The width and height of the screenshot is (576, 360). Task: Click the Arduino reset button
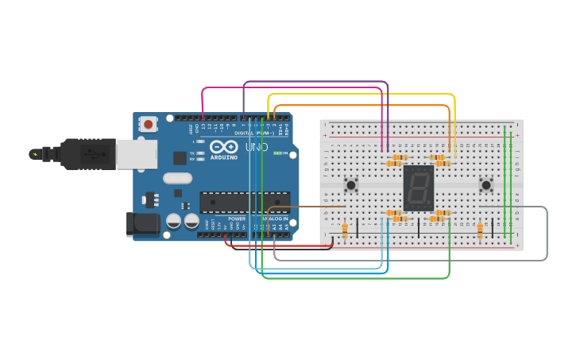148,123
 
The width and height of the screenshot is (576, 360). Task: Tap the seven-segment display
419,187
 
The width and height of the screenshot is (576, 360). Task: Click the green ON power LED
276,153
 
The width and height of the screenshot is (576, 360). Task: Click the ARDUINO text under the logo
224,157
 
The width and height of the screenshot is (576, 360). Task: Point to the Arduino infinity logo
224,147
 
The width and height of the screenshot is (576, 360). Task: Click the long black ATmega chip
244,202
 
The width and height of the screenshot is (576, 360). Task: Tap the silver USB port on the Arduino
136,154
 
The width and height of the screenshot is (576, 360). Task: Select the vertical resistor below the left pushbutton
345,230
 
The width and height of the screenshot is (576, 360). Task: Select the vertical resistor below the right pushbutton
480,230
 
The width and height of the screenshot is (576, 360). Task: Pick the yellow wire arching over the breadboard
361,95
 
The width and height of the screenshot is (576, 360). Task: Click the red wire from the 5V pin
278,246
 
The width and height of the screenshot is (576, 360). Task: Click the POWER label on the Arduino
237,219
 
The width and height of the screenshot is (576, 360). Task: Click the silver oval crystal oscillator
179,178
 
